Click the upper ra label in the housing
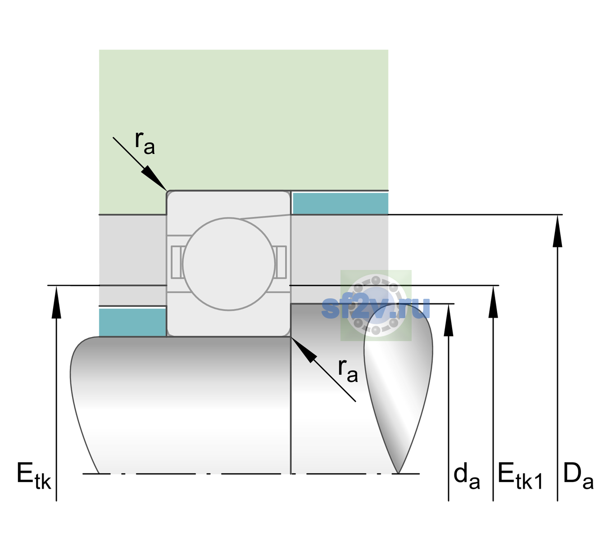[x=145, y=143]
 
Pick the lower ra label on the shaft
[x=348, y=371]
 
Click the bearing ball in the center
[x=229, y=264]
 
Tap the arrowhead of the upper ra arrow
[x=154, y=178]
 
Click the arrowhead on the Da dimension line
[x=557, y=231]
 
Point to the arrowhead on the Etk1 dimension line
[x=493, y=301]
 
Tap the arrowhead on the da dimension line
[x=449, y=320]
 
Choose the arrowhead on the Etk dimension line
[x=56, y=302]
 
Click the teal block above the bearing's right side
[x=340, y=203]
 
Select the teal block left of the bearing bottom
[x=132, y=322]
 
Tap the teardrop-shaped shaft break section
[x=398, y=389]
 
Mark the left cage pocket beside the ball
[x=177, y=262]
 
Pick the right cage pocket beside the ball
[x=281, y=262]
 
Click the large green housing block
[x=243, y=120]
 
